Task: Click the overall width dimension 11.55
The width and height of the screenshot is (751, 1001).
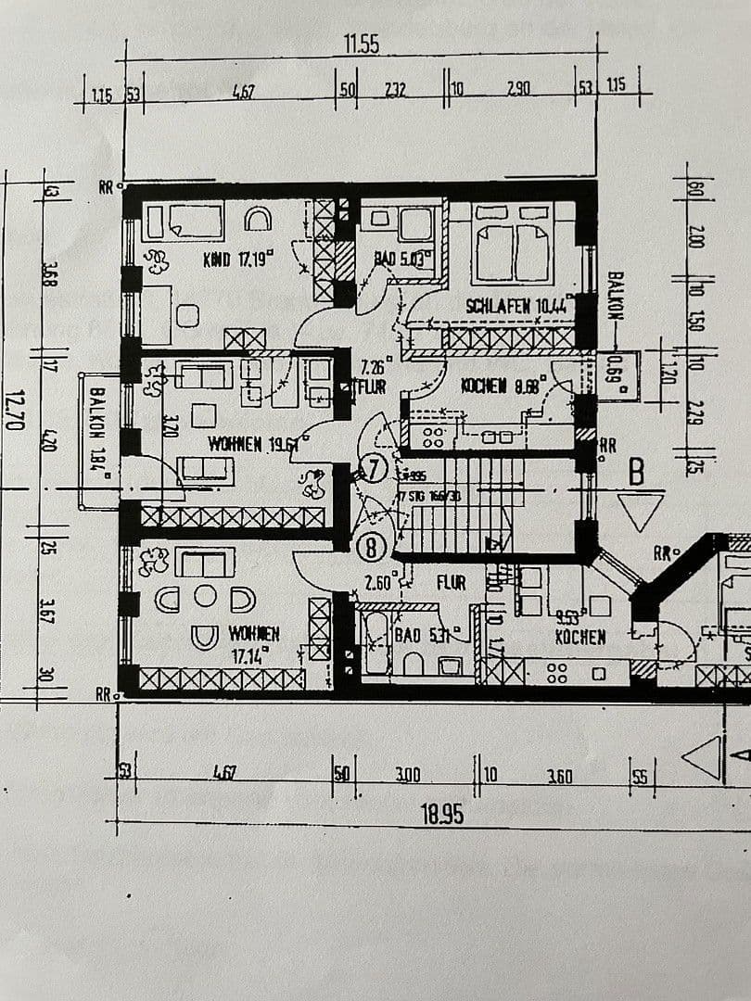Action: [362, 44]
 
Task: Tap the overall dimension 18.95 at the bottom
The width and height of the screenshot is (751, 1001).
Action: [441, 815]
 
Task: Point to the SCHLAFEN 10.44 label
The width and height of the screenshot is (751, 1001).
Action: [516, 305]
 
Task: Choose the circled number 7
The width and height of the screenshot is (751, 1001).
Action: [374, 470]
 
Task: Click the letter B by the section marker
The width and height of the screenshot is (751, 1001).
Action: [636, 473]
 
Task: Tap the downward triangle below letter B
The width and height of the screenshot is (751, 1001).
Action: [641, 511]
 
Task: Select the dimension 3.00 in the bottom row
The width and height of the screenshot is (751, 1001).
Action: [407, 775]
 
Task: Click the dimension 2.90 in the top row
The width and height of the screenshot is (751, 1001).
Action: [518, 90]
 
